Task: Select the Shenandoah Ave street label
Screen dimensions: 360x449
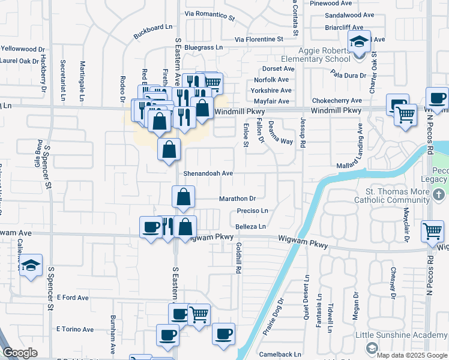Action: click(x=208, y=173)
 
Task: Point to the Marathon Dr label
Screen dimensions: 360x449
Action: click(x=237, y=198)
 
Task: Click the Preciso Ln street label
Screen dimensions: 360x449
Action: click(x=252, y=211)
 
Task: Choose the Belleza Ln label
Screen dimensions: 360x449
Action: click(x=250, y=226)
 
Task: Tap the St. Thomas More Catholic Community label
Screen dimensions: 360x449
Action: click(x=391, y=196)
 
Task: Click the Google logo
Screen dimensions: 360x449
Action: click(x=20, y=353)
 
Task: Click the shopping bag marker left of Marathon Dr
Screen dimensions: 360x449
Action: click(x=184, y=196)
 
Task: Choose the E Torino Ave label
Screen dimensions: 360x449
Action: click(x=75, y=329)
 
